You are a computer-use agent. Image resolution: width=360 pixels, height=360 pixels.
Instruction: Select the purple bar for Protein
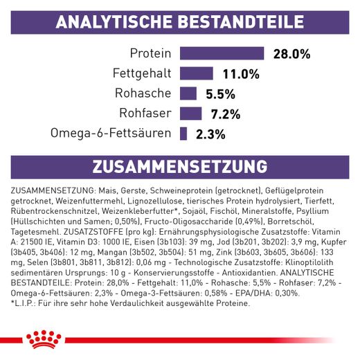[222, 54]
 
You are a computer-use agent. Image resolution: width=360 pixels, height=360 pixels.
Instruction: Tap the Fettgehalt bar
[198, 73]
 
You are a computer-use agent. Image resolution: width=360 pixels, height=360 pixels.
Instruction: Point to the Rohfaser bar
[191, 114]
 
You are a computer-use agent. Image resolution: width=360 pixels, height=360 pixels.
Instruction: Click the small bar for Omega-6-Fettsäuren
[184, 134]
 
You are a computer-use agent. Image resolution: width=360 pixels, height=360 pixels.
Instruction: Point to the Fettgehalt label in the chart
[141, 73]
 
